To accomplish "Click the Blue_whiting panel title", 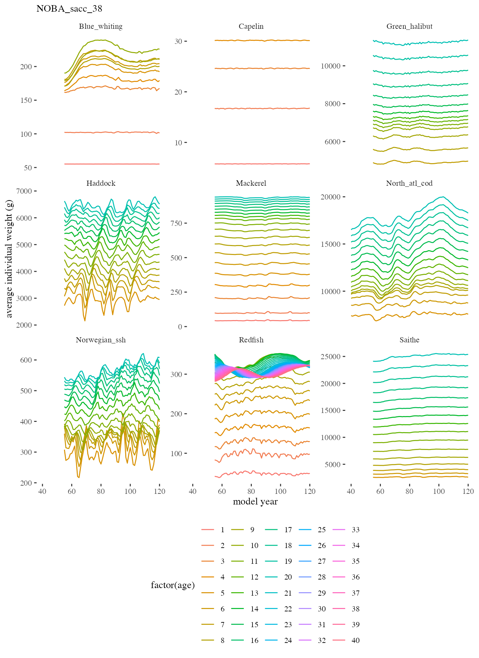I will pos(101,26).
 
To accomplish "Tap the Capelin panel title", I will pos(251,26).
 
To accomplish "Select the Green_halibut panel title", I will pos(409,26).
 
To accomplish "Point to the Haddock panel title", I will pos(101,183).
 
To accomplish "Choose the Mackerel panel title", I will pos(251,183).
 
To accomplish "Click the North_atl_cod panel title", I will pos(409,183).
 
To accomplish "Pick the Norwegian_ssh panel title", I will pos(101,340).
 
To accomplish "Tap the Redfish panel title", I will pos(251,340).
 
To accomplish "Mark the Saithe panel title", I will pos(409,340).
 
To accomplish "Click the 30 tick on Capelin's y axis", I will pos(178,41).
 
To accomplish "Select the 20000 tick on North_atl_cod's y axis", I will pos(331,197).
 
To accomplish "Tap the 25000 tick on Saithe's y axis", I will pos(331,357).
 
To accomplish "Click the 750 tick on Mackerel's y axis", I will pos(176,223).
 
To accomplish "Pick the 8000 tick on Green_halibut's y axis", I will pos(333,104).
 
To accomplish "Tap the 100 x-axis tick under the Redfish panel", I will pos(280,491).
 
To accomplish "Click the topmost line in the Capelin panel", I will pos(262,40).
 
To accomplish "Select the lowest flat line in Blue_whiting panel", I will pos(112,164).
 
